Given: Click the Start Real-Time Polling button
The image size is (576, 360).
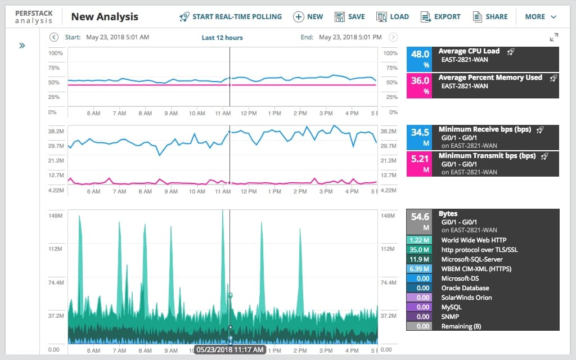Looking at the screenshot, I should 231,17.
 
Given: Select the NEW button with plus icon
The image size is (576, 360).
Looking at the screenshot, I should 308,17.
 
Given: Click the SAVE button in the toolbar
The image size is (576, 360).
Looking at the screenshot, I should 349,17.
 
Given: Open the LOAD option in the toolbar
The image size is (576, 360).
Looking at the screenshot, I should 393,17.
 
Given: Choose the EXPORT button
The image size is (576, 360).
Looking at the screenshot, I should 440,17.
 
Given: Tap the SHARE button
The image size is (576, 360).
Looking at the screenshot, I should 490,17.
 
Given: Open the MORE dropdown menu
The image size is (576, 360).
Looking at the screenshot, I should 541,17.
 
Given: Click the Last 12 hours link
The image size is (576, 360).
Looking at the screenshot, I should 222,38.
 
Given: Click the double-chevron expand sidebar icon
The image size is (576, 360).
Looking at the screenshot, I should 22,46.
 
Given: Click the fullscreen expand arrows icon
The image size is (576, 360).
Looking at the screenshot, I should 554,38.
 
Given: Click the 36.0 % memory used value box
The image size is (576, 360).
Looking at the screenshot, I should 420,85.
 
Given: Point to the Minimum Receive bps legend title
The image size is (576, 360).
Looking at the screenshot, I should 484,129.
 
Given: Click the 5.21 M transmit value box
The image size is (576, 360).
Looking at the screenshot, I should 420,164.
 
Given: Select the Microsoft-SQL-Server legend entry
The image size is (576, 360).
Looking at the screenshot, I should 471,259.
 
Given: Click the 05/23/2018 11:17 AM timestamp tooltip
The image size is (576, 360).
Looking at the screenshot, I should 230,350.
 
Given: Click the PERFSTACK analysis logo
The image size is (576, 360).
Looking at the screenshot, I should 34,17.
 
